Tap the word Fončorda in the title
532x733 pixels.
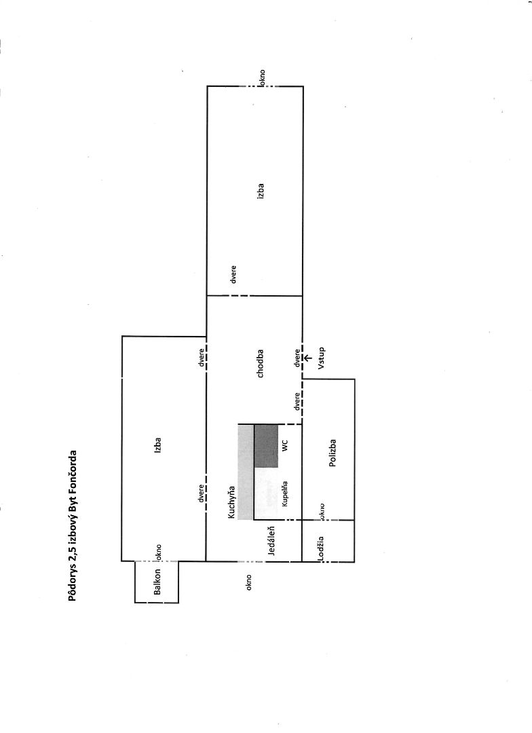coord(71,472)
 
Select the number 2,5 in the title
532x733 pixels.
coord(71,551)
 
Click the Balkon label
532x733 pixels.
coord(157,582)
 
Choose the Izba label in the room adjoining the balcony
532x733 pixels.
coord(157,445)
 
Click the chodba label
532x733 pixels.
coord(260,363)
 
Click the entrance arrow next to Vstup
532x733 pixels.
coord(307,357)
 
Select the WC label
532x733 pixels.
coord(286,446)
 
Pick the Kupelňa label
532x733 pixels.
coord(286,493)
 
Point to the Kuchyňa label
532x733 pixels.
coord(231,502)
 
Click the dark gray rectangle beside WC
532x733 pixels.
coord(266,446)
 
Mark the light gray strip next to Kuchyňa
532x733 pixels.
coord(245,472)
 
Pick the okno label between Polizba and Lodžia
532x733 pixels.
coord(320,511)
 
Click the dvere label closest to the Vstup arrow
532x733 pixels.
coord(297,358)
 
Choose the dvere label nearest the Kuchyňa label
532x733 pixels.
coord(202,492)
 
